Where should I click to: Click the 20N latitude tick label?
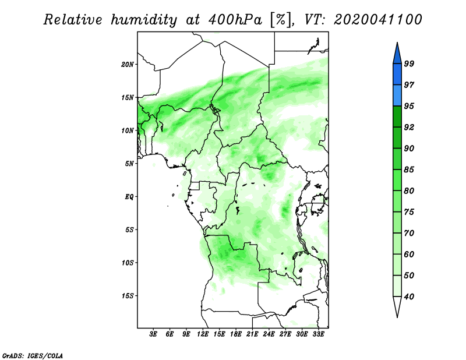tap(128, 65)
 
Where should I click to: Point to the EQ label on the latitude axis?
tap(129, 197)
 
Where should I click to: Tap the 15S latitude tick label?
tap(128, 296)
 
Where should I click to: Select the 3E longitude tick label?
tap(153, 334)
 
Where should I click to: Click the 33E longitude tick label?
tap(318, 334)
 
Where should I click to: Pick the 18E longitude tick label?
tap(236, 334)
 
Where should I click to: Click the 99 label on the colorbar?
tap(409, 63)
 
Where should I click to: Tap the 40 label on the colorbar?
tap(409, 297)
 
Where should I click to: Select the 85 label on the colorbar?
tap(409, 170)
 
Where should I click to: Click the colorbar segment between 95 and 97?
tap(397, 96)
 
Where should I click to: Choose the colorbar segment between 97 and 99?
tap(397, 75)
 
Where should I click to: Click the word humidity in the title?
tap(144, 20)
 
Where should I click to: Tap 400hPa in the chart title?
tap(235, 20)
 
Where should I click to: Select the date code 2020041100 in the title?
tap(377, 20)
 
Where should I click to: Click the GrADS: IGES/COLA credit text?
tap(33, 355)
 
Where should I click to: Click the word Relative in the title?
tap(73, 20)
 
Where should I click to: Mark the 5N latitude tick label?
tap(129, 164)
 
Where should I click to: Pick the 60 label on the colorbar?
tap(409, 254)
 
